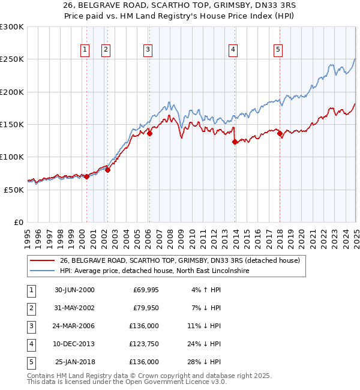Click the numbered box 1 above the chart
pos(85,50)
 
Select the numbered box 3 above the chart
pos(148,50)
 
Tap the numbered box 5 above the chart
pos(278,50)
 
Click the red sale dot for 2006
pos(149,134)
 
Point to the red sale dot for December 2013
pos(235,142)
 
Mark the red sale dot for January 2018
pos(280,134)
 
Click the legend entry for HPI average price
pos(154,271)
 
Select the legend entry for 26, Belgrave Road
pos(183,260)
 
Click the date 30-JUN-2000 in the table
pos(74,290)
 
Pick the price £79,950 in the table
pos(146,308)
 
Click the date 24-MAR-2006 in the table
pos(74,326)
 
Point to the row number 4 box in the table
pos(30,344)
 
